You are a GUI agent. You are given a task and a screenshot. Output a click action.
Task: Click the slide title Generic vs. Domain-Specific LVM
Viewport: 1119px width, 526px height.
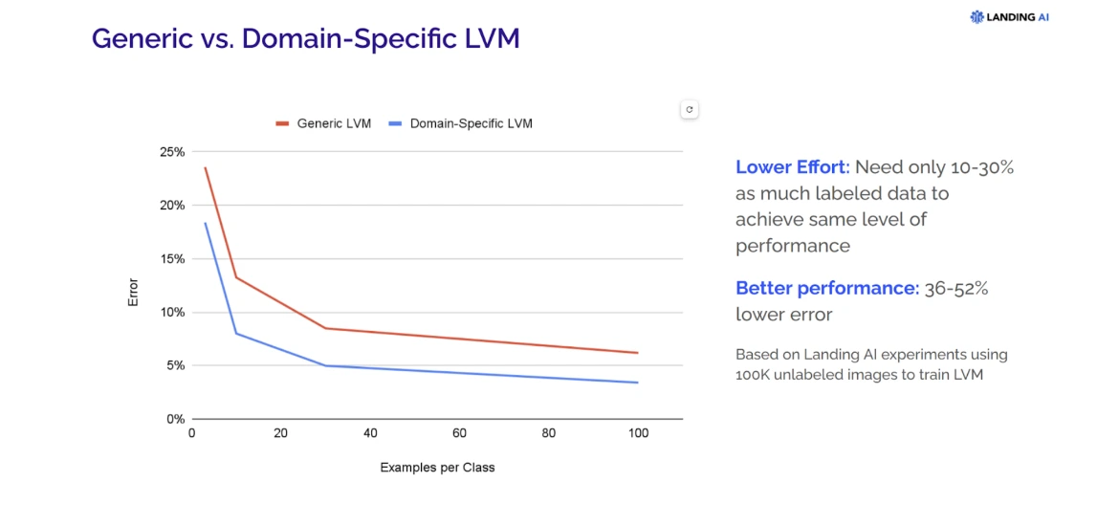pyautogui.click(x=305, y=39)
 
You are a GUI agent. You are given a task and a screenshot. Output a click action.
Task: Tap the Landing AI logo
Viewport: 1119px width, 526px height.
pyautogui.click(x=1009, y=16)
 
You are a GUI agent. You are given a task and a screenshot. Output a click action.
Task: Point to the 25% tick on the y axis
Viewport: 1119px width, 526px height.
pyautogui.click(x=172, y=152)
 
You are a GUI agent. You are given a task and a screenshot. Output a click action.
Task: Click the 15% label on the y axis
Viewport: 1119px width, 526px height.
pyautogui.click(x=172, y=258)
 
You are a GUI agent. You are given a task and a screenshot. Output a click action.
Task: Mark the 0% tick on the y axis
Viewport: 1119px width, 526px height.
pyautogui.click(x=175, y=419)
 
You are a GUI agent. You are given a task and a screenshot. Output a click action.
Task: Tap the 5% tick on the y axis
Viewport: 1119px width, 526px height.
pyautogui.click(x=175, y=365)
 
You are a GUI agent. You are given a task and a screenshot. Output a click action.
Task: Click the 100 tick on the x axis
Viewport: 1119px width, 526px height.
pyautogui.click(x=638, y=433)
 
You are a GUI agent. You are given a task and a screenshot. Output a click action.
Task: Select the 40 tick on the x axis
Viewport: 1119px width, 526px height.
pyautogui.click(x=370, y=433)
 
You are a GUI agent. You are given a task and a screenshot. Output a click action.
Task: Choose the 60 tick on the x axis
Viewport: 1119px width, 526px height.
pyautogui.click(x=459, y=433)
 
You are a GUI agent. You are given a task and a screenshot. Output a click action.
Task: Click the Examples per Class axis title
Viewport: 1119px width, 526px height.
pyautogui.click(x=437, y=468)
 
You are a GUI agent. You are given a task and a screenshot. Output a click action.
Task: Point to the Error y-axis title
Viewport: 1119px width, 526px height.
pyautogui.click(x=133, y=292)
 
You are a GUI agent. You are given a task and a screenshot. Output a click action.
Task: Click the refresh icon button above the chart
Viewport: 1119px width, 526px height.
pyautogui.click(x=690, y=110)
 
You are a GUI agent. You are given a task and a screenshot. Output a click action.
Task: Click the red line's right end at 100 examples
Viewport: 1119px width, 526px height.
pyautogui.click(x=637, y=353)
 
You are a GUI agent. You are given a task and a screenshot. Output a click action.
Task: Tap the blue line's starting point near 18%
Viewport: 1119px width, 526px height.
pyautogui.click(x=205, y=224)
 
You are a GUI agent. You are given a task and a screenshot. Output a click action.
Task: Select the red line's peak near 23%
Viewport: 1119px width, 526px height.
pyautogui.click(x=205, y=168)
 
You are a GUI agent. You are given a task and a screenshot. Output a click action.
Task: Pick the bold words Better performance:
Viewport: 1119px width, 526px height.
pyautogui.click(x=826, y=288)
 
